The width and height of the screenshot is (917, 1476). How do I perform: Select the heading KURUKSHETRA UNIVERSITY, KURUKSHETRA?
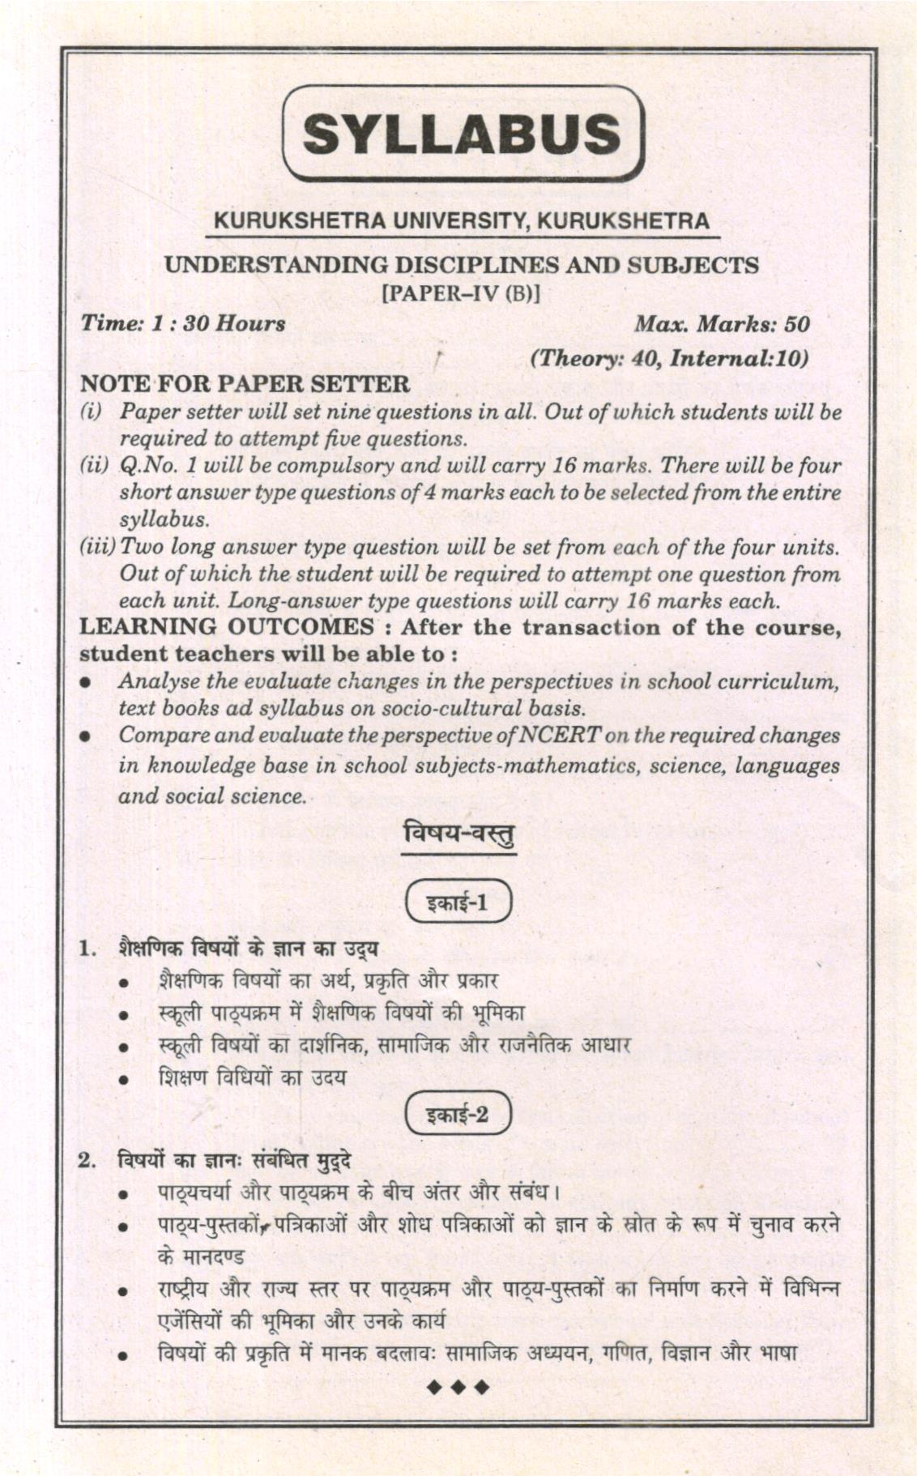[x=462, y=220]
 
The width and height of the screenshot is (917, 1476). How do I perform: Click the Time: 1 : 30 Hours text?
[x=182, y=324]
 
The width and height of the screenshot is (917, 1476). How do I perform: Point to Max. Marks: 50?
[x=721, y=324]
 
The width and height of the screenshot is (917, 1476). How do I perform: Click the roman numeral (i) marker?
[x=90, y=412]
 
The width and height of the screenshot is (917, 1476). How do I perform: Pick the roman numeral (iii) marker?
[x=97, y=547]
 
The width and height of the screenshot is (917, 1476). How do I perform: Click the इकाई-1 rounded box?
[x=458, y=902]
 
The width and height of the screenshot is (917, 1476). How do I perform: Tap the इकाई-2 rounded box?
[x=458, y=1115]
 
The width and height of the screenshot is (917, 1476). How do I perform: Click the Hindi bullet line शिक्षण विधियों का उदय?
[x=252, y=1077]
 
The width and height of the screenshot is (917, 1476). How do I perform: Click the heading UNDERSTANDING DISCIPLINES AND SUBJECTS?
[x=462, y=265]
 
